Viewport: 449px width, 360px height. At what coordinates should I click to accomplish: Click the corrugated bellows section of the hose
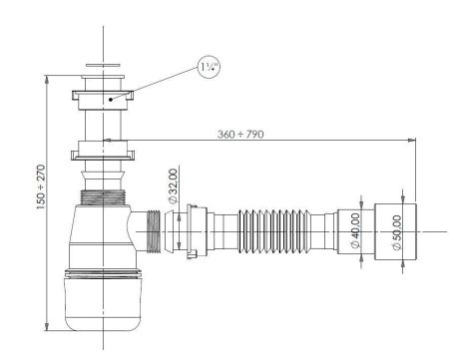[279, 235]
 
